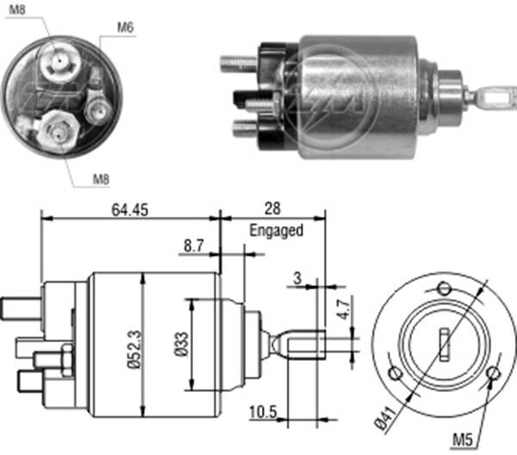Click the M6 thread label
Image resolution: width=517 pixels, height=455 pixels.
point(126,28)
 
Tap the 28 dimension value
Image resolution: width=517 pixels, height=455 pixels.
point(273,209)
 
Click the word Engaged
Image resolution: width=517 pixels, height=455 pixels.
point(276,231)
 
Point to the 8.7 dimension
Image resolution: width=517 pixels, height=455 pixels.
point(194,246)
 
